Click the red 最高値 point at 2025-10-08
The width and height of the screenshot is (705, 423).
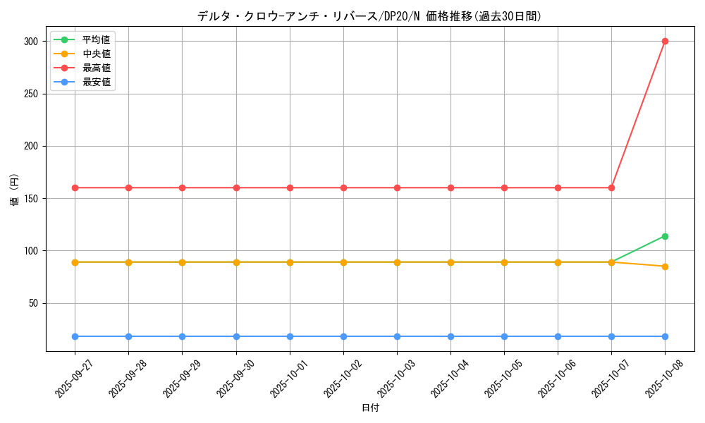coord(665,41)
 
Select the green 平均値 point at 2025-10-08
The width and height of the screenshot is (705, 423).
coord(665,236)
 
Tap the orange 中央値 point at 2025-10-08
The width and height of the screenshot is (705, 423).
coord(665,266)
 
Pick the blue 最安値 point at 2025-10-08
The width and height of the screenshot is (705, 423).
coord(665,336)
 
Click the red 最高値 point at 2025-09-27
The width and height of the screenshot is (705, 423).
coord(75,188)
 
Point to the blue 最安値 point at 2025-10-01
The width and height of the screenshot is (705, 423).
coord(290,336)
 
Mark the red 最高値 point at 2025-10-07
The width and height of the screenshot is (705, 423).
coord(611,188)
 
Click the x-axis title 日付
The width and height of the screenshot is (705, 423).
coord(370,408)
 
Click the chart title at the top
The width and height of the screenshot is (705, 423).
coord(369,16)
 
